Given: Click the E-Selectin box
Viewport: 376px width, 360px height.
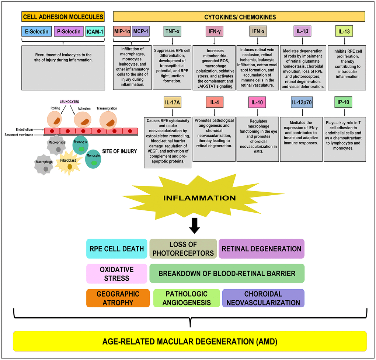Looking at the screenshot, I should [x=36, y=32].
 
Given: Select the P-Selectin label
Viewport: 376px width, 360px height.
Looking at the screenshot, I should [x=69, y=32].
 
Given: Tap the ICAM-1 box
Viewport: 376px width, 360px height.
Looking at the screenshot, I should [x=95, y=32].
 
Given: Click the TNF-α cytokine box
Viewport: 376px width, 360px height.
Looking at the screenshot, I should [x=172, y=32].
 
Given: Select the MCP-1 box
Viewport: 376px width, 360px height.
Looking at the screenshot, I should [x=140, y=32].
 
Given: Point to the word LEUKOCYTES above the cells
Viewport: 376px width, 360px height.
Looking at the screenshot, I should [x=70, y=101].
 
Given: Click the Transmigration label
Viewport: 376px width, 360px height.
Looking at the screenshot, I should [x=107, y=108].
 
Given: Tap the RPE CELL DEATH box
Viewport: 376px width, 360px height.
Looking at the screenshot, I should [x=116, y=248].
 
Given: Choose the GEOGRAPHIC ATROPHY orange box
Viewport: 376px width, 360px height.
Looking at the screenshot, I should [x=118, y=298].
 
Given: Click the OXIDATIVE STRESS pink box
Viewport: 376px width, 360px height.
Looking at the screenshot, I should [x=116, y=273].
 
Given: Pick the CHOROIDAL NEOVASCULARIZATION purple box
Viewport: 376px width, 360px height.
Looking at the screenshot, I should [x=263, y=298].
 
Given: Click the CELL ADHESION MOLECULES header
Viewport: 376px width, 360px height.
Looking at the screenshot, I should [x=63, y=17].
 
